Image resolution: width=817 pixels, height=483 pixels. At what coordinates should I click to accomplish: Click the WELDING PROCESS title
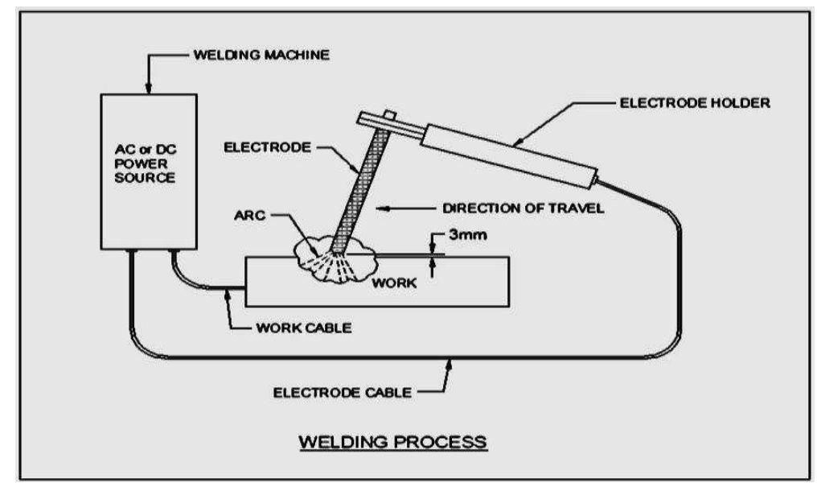[x=392, y=442]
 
